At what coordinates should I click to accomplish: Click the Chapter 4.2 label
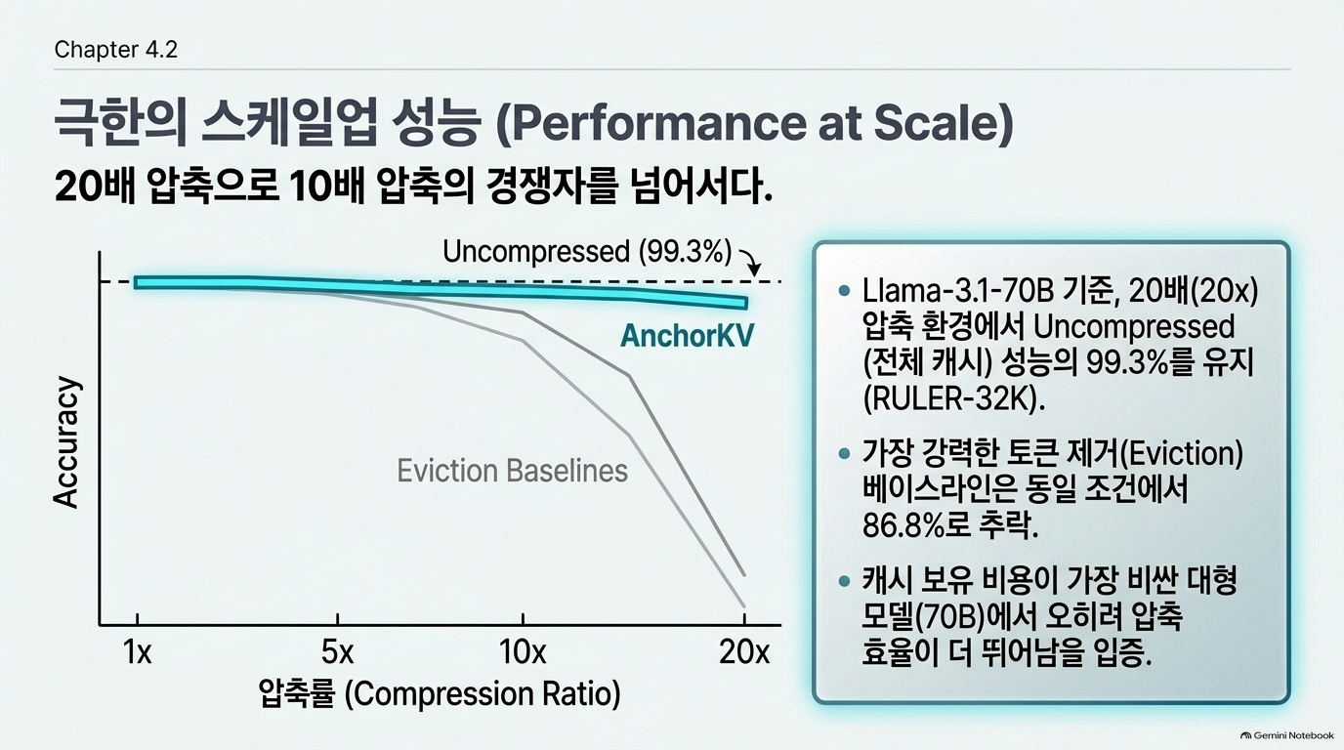(116, 49)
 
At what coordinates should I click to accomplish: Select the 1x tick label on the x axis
(138, 652)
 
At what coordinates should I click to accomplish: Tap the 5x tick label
(337, 652)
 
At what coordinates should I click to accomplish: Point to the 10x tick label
(523, 652)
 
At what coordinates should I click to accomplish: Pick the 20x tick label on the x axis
(744, 652)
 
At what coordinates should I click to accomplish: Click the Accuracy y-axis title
(66, 442)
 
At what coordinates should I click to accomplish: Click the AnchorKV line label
(687, 335)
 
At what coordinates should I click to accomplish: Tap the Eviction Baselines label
(513, 471)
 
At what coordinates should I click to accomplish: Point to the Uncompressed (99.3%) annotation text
(587, 251)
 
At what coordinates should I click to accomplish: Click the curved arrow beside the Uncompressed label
(750, 262)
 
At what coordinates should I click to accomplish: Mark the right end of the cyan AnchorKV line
(746, 303)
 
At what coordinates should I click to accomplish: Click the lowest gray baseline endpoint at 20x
(744, 607)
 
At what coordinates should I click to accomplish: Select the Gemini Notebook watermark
(1287, 735)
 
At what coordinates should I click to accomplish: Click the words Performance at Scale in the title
(755, 123)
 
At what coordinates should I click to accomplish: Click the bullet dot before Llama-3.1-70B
(844, 291)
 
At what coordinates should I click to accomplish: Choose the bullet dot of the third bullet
(844, 581)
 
